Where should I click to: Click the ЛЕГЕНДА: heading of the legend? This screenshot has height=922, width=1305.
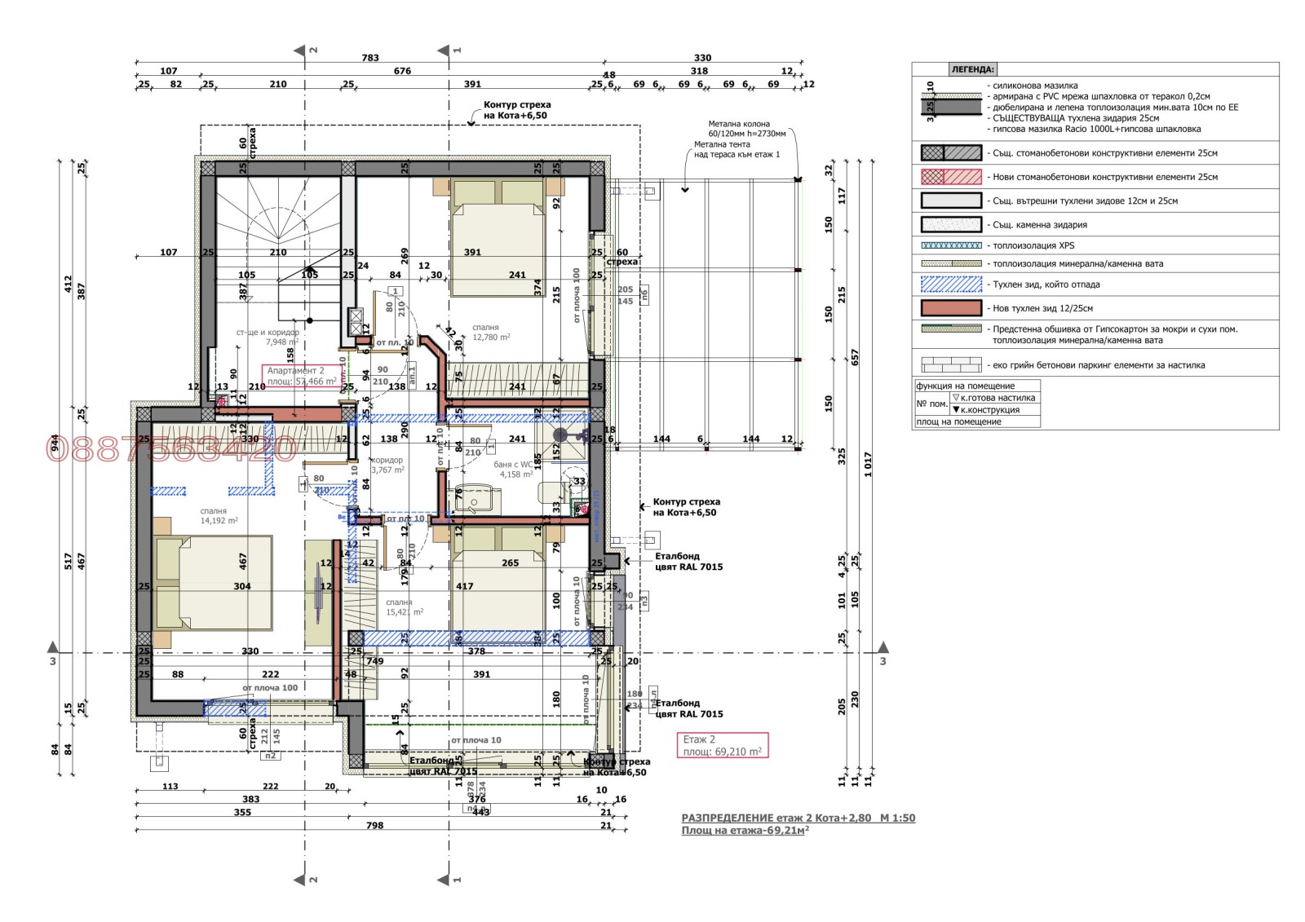(972, 70)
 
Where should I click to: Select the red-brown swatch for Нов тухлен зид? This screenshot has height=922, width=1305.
(951, 308)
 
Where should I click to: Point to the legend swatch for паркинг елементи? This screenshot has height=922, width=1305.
(951, 365)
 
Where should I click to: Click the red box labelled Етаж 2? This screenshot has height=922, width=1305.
(722, 745)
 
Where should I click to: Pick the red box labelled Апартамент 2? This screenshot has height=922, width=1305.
(301, 376)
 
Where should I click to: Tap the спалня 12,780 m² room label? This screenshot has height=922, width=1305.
(491, 333)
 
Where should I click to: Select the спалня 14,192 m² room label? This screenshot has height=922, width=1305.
(219, 516)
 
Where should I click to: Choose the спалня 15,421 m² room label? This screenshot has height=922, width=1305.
(404, 607)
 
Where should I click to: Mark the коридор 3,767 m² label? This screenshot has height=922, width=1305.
(387, 465)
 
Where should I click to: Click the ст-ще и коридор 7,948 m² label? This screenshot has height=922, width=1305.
(268, 337)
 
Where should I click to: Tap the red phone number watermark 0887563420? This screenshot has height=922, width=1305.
(171, 448)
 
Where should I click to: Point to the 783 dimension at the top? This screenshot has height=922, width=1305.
(370, 58)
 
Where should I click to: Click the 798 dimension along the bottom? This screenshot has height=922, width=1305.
(374, 826)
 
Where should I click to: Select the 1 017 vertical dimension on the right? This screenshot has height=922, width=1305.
(868, 465)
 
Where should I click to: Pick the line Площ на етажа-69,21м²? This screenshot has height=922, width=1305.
(745, 831)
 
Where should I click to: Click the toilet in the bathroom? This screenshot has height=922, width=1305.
(553, 492)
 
